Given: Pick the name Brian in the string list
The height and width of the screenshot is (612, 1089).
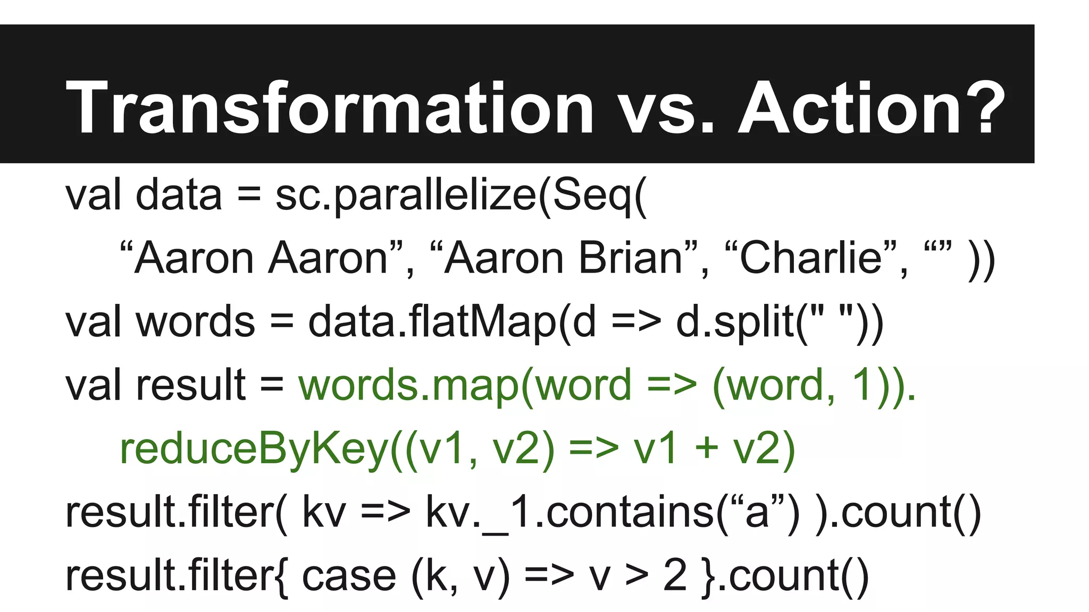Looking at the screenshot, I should [631, 258].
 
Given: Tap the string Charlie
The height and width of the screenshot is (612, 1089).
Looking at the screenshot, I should [810, 258].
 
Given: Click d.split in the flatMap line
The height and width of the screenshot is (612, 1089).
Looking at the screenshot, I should [734, 322].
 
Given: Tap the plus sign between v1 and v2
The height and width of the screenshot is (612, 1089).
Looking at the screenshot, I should [707, 448].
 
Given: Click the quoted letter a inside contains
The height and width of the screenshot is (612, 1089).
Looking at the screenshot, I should [757, 513].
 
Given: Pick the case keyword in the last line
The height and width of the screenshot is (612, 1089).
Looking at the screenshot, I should [349, 576].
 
